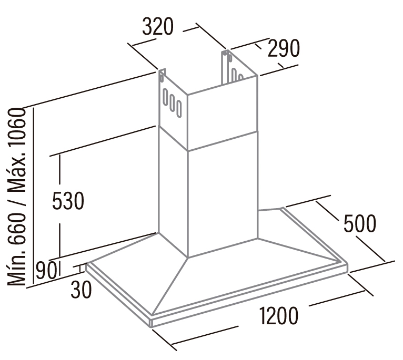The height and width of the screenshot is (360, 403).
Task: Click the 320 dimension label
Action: [158, 26]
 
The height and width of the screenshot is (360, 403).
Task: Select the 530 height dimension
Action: [68, 201]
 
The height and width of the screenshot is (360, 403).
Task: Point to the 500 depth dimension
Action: [360, 224]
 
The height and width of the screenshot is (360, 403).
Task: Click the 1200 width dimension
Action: [279, 315]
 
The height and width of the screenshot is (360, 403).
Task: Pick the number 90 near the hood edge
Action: [46, 271]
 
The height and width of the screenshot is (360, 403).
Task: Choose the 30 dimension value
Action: [81, 290]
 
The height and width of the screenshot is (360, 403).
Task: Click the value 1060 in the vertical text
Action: [17, 128]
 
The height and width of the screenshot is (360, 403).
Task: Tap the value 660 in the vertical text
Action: [17, 228]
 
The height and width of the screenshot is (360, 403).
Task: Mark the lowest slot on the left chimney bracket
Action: [179, 109]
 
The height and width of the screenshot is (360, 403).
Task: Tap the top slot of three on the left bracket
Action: [166, 97]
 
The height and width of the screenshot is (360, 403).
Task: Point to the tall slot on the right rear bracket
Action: [234, 75]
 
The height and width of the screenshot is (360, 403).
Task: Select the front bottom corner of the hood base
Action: [151, 327]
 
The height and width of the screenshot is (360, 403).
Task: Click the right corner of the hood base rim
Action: [347, 263]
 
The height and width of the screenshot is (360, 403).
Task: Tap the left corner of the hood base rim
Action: [87, 264]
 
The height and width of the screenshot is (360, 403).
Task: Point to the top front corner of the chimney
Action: [187, 95]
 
